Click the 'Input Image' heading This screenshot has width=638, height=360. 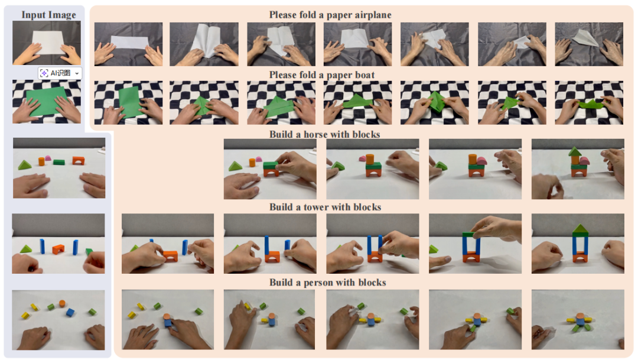pyautogui.click(x=48, y=15)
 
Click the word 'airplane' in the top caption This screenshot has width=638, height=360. pyautogui.click(x=373, y=15)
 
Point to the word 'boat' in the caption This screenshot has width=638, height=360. pyautogui.click(x=364, y=75)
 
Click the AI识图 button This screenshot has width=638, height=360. pyautogui.click(x=60, y=73)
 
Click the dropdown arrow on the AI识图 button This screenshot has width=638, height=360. pyautogui.click(x=77, y=73)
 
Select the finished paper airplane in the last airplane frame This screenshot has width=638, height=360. pyautogui.click(x=585, y=38)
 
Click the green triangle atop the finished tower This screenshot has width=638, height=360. pyautogui.click(x=580, y=229)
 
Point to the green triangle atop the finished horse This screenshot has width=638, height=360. pyautogui.click(x=575, y=151)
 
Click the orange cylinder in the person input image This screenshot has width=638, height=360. pyautogui.click(x=62, y=303)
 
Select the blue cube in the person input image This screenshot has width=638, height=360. pyautogui.click(x=70, y=312)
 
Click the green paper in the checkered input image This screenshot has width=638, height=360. pyautogui.click(x=47, y=100)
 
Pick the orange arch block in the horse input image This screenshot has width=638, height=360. pyautogui.click(x=79, y=160)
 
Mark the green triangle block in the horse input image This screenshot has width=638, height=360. pyautogui.click(x=24, y=165)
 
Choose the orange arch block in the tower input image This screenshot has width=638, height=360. pyautogui.click(x=58, y=249)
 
